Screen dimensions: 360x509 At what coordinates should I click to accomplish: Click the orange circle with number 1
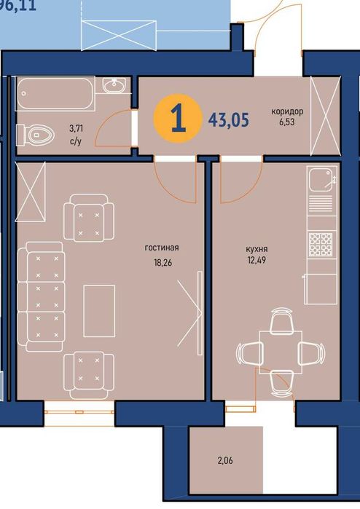177,119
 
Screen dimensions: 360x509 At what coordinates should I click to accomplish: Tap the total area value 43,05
229,119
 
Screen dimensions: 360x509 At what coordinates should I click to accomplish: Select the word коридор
288,111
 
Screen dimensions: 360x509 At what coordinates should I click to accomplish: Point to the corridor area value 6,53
287,122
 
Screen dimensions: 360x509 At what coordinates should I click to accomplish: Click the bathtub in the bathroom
55,94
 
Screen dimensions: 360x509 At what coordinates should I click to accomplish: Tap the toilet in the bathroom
35,135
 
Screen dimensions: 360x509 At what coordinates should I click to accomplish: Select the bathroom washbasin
114,84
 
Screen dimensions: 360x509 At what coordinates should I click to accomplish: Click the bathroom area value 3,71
76,129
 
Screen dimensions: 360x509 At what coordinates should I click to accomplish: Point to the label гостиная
162,248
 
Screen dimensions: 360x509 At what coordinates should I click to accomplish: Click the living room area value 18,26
163,262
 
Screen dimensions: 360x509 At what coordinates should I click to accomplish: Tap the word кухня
257,249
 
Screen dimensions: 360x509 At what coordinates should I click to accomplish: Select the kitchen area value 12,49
257,260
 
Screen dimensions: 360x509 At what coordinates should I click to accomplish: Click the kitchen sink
322,180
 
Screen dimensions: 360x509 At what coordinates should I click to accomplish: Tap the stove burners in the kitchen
321,244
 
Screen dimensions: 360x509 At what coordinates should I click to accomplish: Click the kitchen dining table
281,352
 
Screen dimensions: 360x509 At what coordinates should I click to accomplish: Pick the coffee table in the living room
99,311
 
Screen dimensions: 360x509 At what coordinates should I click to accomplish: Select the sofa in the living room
42,296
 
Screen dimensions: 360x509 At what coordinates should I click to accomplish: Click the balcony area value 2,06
225,460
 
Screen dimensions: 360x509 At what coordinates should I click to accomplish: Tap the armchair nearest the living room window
89,375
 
